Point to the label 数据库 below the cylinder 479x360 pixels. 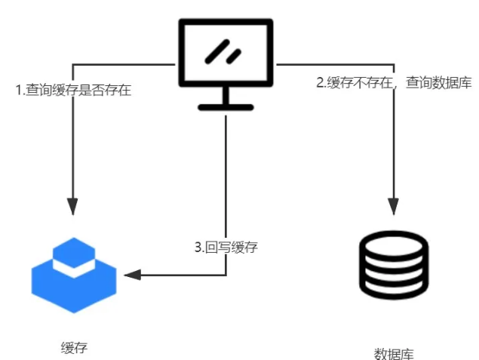pyautogui.click(x=394, y=352)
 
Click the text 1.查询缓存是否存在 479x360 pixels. pyautogui.click(x=73, y=90)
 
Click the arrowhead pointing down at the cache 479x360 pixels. pyautogui.click(x=72, y=205)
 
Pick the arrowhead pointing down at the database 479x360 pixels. pyautogui.click(x=393, y=205)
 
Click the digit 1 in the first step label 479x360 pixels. pyautogui.click(x=19, y=90)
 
